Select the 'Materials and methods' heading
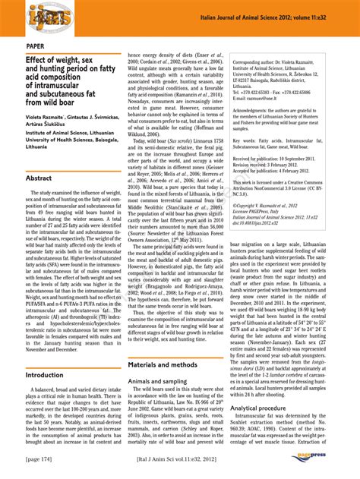[163, 365]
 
